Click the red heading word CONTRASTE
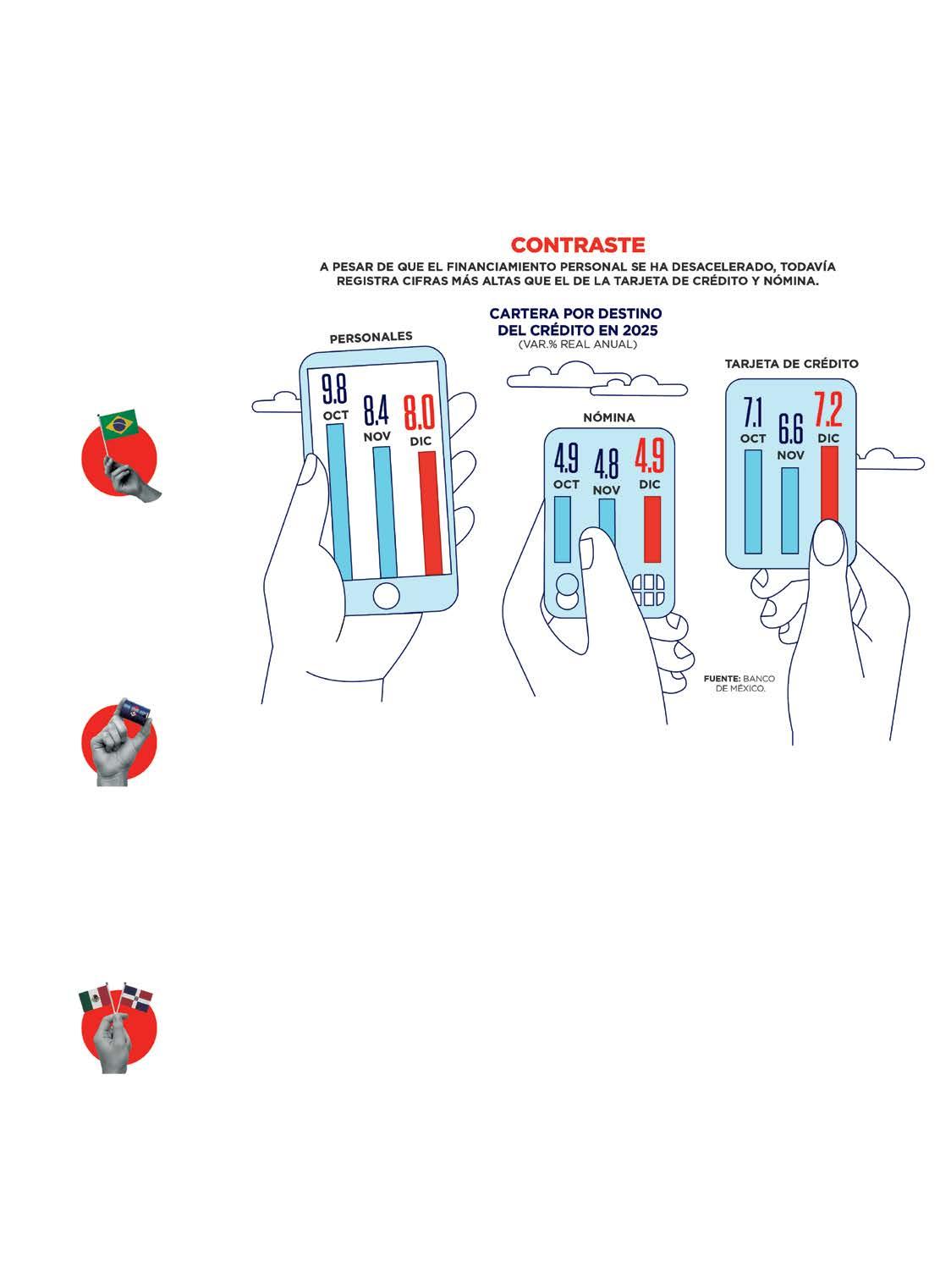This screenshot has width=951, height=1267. point(578,245)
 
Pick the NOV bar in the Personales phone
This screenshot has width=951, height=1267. point(382,512)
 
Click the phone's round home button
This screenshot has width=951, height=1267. point(386,596)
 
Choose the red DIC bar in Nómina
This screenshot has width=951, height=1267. point(651,529)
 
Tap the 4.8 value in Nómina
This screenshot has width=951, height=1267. point(606,465)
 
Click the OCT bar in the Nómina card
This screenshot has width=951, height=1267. point(563,529)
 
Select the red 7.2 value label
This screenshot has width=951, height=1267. point(828,412)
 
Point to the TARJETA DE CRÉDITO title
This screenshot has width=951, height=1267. point(791,364)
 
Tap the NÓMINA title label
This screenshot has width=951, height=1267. point(608,418)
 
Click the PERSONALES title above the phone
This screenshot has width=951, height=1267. point(371,337)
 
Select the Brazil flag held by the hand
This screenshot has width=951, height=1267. point(117,423)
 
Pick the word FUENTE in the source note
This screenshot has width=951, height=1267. point(722,679)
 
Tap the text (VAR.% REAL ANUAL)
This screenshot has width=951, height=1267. point(576,344)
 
